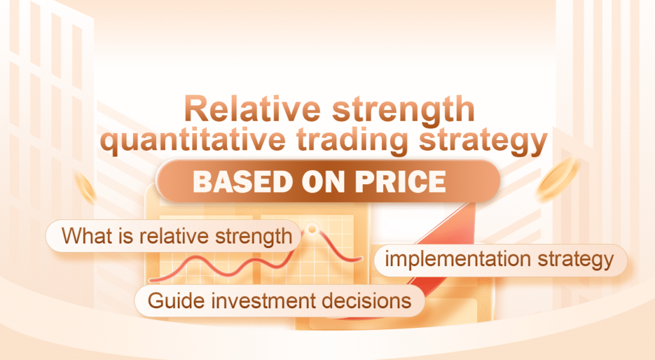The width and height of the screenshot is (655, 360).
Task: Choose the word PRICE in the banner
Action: pyautogui.click(x=397, y=182)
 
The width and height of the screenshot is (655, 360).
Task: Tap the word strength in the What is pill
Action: pyautogui.click(x=251, y=236)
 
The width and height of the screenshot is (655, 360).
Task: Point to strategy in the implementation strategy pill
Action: pyautogui.click(x=574, y=260)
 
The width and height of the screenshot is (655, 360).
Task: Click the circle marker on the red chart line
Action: pyautogui.click(x=311, y=228)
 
